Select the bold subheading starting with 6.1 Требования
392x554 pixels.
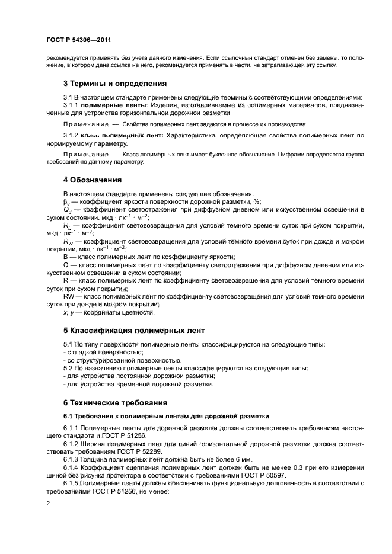pyautogui.click(x=166, y=416)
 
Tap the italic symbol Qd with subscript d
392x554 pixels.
pyautogui.click(x=67, y=210)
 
